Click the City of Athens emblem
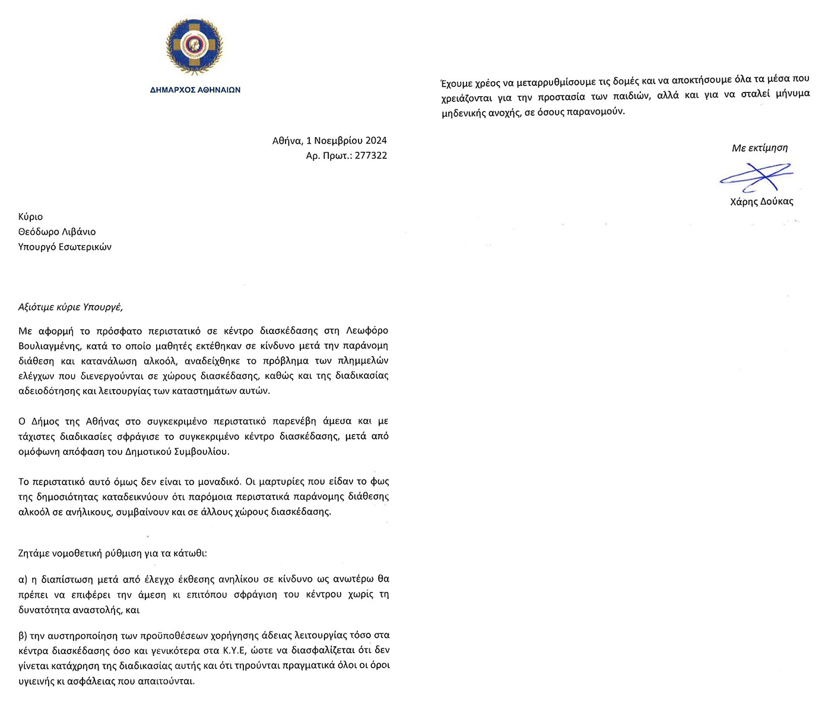[x=195, y=47]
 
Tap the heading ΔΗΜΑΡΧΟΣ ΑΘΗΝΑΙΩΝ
[x=195, y=90]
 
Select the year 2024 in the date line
[x=376, y=141]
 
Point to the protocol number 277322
[x=371, y=155]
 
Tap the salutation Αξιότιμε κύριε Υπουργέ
[x=71, y=307]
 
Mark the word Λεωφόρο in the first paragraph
[x=367, y=330]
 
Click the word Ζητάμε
[x=34, y=553]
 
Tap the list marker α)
[x=24, y=579]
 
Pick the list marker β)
[x=24, y=635]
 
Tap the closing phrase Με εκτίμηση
[x=760, y=148]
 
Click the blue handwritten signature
[x=756, y=176]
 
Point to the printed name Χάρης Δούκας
[x=761, y=202]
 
